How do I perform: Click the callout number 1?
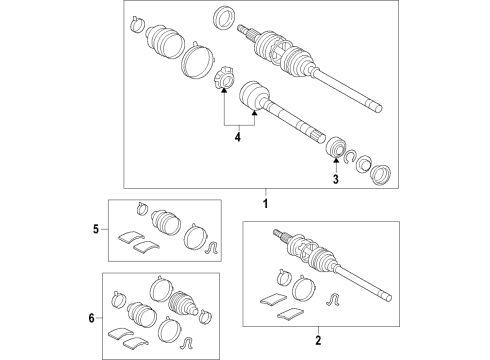click(267, 205)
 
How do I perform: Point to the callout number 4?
click(236, 138)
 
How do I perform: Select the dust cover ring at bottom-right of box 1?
click(381, 175)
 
